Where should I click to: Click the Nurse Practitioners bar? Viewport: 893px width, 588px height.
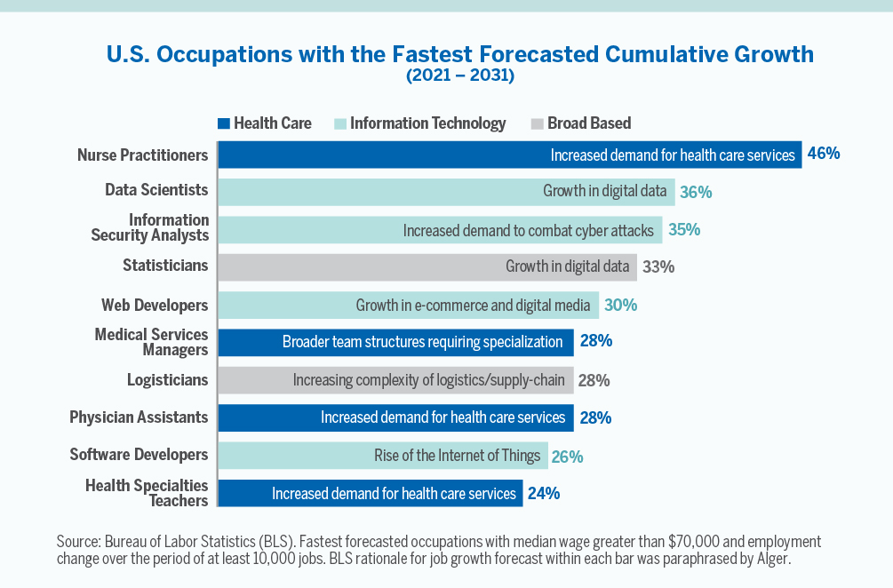pyautogui.click(x=509, y=155)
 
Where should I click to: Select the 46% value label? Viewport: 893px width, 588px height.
pyautogui.click(x=823, y=154)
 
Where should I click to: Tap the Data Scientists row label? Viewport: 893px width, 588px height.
pyautogui.click(x=156, y=190)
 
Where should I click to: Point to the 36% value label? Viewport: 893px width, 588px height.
pyautogui.click(x=696, y=192)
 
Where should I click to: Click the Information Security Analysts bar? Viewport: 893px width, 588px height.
pyautogui.click(x=440, y=230)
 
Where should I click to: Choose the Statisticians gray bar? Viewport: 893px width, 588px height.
pyautogui.click(x=427, y=266)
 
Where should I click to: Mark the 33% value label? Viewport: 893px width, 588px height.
pyautogui.click(x=658, y=266)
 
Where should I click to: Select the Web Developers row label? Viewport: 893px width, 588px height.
pyautogui.click(x=155, y=306)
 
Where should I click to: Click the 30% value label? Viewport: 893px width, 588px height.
pyautogui.click(x=620, y=306)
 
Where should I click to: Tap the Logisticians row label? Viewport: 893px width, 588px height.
pyautogui.click(x=167, y=380)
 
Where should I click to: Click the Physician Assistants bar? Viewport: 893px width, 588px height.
pyautogui.click(x=395, y=417)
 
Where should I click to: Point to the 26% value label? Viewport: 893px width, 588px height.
pyautogui.click(x=566, y=457)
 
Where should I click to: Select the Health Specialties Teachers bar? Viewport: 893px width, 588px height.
pyautogui.click(x=370, y=493)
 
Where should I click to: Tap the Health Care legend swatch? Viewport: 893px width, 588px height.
pyautogui.click(x=224, y=123)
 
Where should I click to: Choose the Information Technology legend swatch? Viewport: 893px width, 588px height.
pyautogui.click(x=340, y=123)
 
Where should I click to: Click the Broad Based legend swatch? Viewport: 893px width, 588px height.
pyautogui.click(x=537, y=123)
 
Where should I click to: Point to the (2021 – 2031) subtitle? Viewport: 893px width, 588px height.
pyautogui.click(x=459, y=75)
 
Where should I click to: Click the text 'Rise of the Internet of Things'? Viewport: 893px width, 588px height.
pyautogui.click(x=457, y=456)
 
